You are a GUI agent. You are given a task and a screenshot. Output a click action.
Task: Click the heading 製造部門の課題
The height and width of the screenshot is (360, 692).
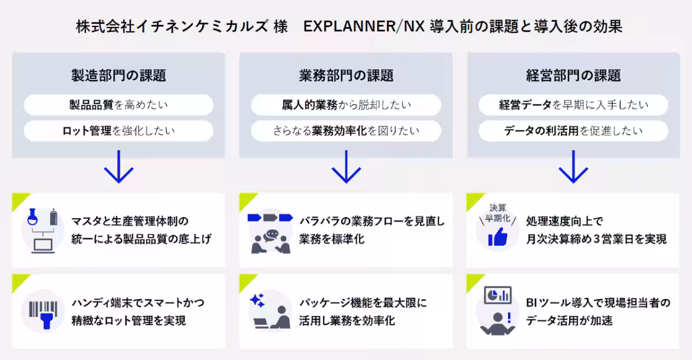click(118, 75)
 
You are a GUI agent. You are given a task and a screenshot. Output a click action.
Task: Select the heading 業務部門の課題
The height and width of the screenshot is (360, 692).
click(346, 75)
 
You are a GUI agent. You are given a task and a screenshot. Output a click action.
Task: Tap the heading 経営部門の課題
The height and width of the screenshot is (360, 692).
click(573, 75)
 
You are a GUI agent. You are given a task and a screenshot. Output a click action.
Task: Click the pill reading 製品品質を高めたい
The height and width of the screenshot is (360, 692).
click(118, 105)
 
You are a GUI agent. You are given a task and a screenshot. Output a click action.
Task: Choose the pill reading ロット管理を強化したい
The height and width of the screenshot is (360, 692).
click(118, 131)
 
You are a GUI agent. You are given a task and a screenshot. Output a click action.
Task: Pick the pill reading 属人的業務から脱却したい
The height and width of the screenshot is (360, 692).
click(346, 105)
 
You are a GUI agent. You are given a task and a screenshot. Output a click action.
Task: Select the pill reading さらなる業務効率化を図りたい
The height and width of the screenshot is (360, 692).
click(346, 131)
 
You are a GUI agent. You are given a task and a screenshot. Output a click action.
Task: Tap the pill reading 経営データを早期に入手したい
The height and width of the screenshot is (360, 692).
click(573, 105)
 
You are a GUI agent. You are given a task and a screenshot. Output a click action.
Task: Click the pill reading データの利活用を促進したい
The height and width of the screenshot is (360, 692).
click(573, 131)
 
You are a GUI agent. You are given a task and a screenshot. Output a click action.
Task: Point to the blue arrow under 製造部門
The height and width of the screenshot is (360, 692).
click(119, 167)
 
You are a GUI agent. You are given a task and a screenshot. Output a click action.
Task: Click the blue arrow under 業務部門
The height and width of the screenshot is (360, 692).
click(346, 167)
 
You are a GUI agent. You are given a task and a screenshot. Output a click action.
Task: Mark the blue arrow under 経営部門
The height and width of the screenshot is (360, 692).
click(573, 167)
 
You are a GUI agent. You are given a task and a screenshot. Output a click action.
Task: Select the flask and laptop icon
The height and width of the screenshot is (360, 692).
click(43, 230)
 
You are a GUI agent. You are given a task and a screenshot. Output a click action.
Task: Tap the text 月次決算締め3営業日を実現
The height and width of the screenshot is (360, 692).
click(596, 239)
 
